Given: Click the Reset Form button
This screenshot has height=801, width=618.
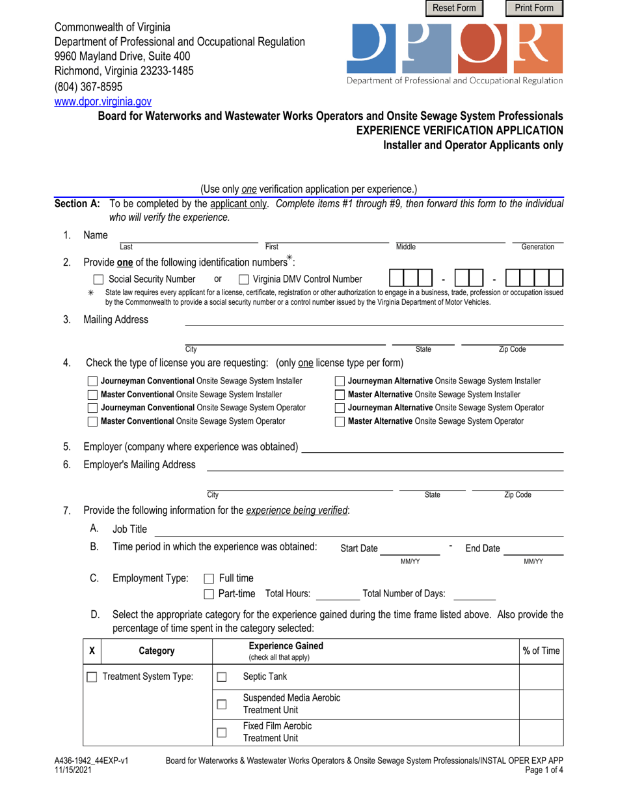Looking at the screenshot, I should (455, 8).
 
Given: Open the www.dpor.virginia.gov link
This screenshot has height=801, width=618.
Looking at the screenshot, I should (103, 102).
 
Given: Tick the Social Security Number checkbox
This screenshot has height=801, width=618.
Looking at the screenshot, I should (98, 279).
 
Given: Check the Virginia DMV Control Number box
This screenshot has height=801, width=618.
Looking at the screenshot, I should (244, 279).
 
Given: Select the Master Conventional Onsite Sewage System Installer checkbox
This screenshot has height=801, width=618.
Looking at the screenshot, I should (92, 395).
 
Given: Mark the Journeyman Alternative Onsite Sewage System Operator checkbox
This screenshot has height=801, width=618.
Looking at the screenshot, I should (340, 408).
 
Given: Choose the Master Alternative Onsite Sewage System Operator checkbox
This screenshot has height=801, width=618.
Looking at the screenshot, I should (340, 421).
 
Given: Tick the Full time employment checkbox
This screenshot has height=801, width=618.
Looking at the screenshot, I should (209, 578).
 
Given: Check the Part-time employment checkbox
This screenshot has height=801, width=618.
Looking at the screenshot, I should (209, 594).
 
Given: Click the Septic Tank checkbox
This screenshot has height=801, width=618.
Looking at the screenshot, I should (221, 677).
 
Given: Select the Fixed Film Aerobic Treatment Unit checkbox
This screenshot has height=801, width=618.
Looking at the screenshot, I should (221, 732).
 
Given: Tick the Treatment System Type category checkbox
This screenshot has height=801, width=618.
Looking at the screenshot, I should (92, 677).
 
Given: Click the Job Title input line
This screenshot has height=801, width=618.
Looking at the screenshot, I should (358, 530).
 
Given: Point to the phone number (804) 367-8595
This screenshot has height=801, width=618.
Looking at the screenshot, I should (88, 87).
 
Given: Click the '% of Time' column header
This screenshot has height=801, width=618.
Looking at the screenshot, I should (541, 650).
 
